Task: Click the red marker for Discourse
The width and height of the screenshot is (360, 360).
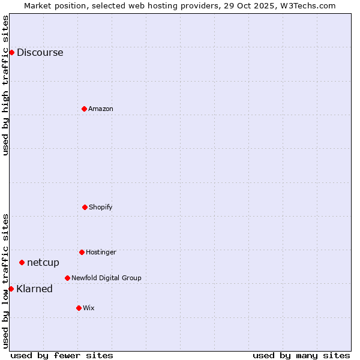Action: click(11, 52)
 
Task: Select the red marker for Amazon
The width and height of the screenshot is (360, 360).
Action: click(84, 109)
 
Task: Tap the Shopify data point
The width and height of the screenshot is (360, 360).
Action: click(85, 207)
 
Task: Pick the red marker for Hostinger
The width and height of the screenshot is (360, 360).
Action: click(82, 252)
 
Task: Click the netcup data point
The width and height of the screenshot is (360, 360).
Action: click(22, 262)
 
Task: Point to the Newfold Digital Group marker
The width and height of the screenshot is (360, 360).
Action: click(67, 278)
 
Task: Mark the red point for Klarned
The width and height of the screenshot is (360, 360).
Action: click(11, 289)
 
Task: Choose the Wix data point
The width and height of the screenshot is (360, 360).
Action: click(79, 308)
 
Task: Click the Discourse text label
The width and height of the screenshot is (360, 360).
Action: click(40, 52)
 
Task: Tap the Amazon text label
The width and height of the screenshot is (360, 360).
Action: click(101, 109)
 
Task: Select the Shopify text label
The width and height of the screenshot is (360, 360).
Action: click(101, 207)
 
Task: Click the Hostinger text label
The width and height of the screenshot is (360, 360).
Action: click(101, 252)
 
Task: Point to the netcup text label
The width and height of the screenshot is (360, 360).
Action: click(43, 262)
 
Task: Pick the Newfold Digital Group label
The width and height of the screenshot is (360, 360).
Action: click(106, 278)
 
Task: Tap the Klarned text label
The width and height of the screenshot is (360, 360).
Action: click(34, 289)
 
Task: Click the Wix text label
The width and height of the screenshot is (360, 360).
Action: click(89, 308)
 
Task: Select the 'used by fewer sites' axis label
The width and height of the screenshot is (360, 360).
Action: click(62, 355)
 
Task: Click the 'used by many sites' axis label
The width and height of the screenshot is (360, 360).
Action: click(301, 355)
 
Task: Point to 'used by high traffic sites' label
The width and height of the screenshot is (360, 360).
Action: click(5, 85)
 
